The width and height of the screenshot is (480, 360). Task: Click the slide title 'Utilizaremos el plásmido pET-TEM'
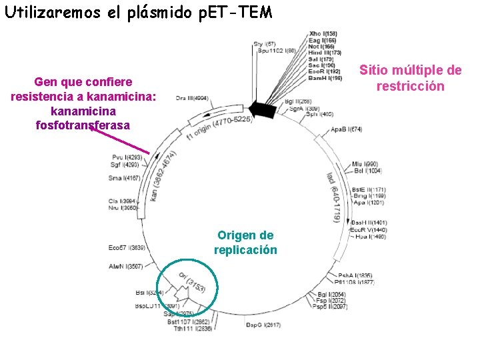[138, 13]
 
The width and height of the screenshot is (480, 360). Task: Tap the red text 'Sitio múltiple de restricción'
[410, 79]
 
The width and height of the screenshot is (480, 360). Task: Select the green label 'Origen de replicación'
[245, 243]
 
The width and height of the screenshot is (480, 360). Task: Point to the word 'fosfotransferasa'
[83, 125]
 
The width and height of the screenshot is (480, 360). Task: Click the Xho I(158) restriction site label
[323, 33]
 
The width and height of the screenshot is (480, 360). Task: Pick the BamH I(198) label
[325, 78]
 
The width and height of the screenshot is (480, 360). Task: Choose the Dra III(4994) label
[193, 98]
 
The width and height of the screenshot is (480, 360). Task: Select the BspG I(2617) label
[263, 325]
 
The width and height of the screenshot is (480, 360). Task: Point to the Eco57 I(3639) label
[127, 248]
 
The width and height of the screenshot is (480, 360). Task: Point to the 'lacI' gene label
[330, 179]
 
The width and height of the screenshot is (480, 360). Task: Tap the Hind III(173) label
[325, 52]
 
